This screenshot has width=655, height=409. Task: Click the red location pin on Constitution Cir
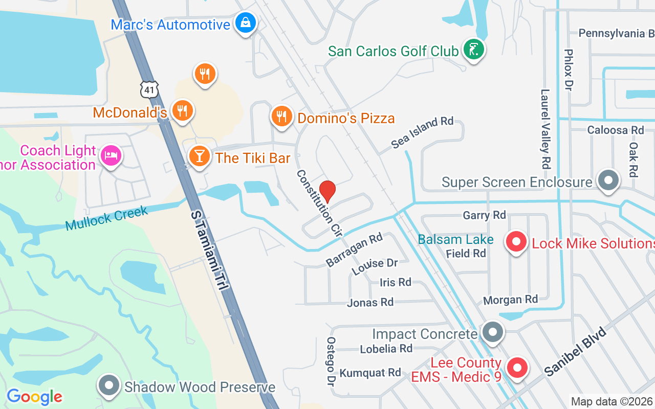(327, 192)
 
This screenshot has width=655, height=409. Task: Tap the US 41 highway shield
(148, 90)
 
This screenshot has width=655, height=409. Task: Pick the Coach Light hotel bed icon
(111, 155)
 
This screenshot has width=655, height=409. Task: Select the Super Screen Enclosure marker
(608, 181)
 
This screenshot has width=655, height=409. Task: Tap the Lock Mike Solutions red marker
(516, 242)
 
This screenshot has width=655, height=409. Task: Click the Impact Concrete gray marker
(493, 333)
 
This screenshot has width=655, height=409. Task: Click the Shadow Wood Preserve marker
(108, 386)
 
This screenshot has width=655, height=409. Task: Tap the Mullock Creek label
(106, 218)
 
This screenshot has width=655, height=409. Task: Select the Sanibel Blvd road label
(575, 352)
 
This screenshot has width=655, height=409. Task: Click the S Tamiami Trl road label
(209, 251)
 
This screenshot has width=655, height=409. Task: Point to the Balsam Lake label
(455, 239)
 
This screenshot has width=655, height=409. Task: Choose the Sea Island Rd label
(422, 132)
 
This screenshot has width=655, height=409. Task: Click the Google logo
(34, 396)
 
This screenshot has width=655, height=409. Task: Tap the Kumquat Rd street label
(370, 372)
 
